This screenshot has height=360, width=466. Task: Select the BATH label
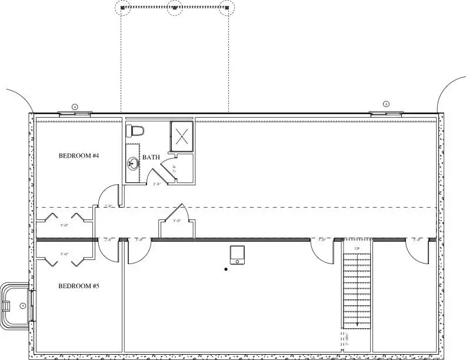point(151,158)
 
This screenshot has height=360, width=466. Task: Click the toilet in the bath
point(136,129)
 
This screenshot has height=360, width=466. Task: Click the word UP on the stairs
point(357,249)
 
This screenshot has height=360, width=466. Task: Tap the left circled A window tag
point(75,106)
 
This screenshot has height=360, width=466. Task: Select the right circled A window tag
point(387,104)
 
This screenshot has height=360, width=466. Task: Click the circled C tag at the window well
point(23,305)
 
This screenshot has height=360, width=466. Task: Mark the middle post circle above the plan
point(175,8)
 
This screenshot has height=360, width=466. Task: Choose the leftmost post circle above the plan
point(123,8)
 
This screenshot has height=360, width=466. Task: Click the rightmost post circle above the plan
point(227,8)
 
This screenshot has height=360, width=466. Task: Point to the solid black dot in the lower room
point(226,269)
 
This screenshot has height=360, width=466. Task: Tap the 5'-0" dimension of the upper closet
point(64,225)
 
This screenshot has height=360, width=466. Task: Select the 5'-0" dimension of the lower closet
point(64,254)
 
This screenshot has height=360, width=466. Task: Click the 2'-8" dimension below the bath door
point(158,184)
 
